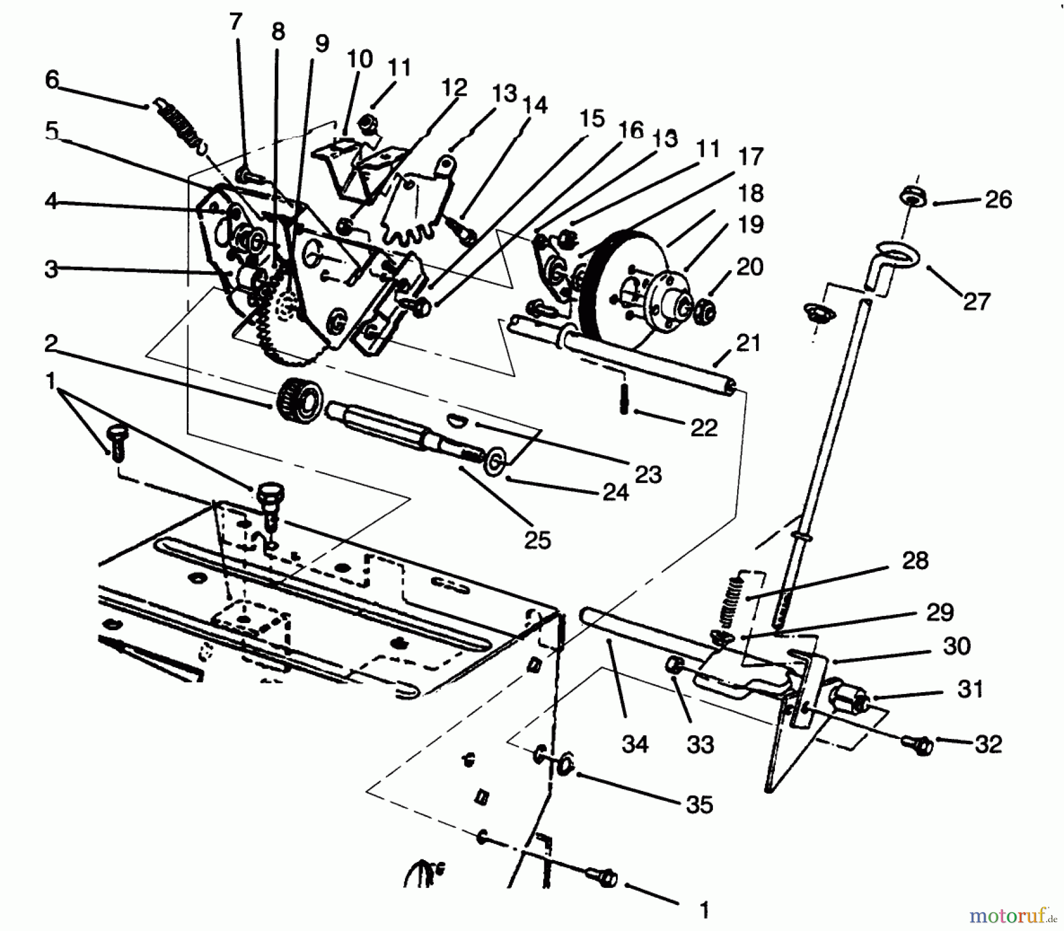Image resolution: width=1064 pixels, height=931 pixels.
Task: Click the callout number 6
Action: (x=52, y=80)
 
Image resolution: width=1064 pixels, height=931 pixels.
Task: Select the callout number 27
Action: (x=977, y=301)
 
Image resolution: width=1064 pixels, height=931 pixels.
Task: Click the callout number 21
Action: (x=748, y=343)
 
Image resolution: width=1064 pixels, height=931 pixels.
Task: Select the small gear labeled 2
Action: (x=300, y=401)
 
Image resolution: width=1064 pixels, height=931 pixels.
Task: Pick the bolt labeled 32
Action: (x=918, y=745)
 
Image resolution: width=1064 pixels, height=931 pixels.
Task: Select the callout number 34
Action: (x=635, y=744)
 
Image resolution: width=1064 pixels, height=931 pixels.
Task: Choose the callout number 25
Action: (x=537, y=540)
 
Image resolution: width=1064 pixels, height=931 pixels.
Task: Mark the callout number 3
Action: (x=52, y=269)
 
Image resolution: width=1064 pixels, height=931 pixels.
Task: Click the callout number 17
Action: (x=751, y=157)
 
